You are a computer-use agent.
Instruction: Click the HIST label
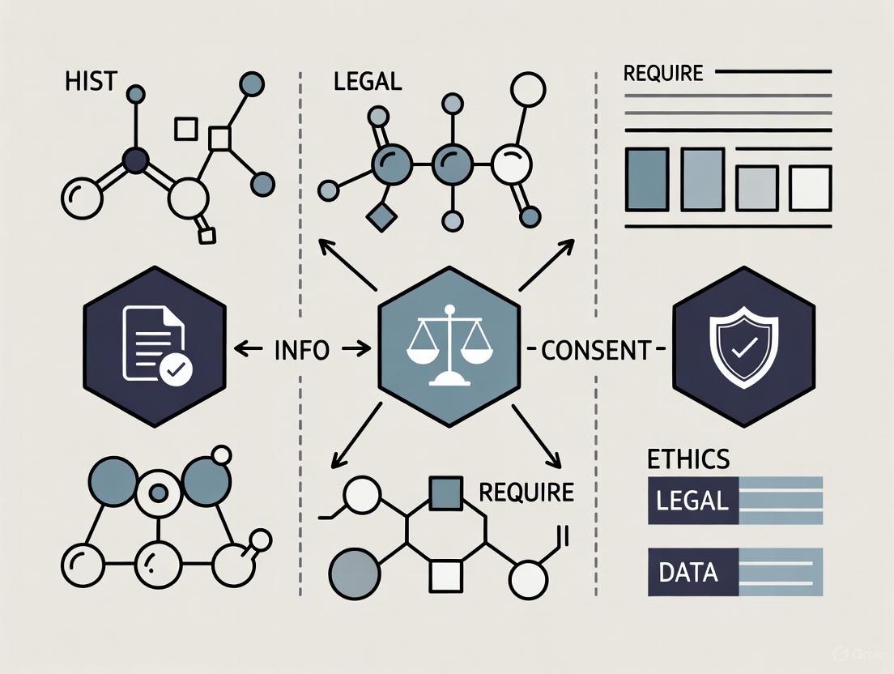(x=90, y=83)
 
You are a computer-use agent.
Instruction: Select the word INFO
(x=302, y=351)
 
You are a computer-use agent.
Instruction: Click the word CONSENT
(x=596, y=351)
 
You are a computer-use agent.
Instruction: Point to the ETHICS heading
(x=688, y=459)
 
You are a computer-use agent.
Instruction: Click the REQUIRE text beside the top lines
(x=663, y=74)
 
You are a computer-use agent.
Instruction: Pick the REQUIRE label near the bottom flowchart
(x=526, y=492)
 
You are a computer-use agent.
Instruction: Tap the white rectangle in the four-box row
(x=810, y=188)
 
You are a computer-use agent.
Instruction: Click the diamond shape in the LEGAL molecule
(x=379, y=217)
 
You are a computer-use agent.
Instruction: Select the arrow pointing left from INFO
(x=249, y=350)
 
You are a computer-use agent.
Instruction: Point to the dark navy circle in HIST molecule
(x=135, y=162)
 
